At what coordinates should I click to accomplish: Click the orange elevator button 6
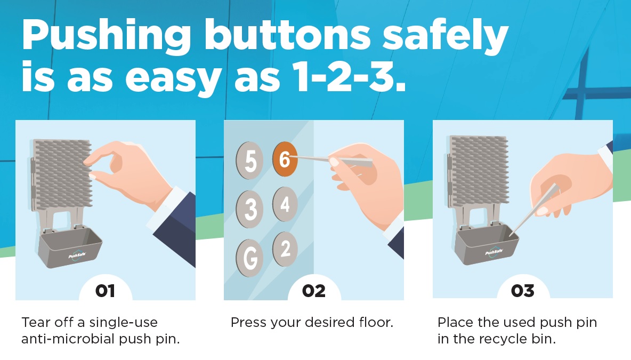pos(285,159)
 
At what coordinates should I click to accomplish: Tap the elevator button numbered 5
pos(249,161)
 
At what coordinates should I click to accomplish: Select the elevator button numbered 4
pos(285,204)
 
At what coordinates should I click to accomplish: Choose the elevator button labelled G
pos(249,258)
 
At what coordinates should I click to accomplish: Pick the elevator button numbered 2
pos(285,249)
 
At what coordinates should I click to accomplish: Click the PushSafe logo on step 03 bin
pos(494,252)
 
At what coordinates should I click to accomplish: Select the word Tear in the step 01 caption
pos(36,322)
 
